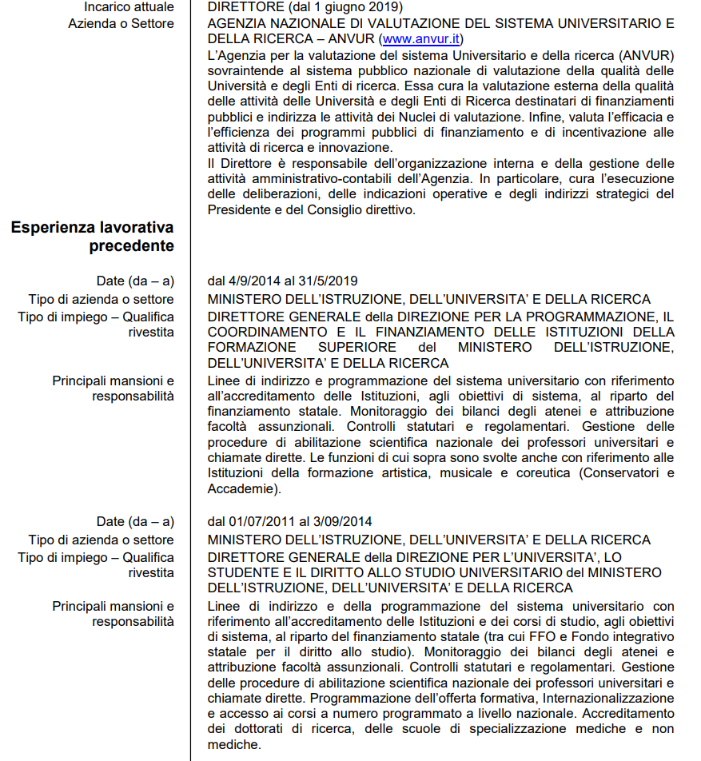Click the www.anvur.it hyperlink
pyautogui.click(x=420, y=38)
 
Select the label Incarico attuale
pyautogui.click(x=129, y=7)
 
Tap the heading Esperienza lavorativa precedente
pyautogui.click(x=93, y=237)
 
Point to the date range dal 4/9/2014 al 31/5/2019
pyautogui.click(x=282, y=281)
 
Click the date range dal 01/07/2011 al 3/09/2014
pyautogui.click(x=289, y=522)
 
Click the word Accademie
pyautogui.click(x=239, y=488)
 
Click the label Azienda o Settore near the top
pyautogui.click(x=121, y=23)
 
